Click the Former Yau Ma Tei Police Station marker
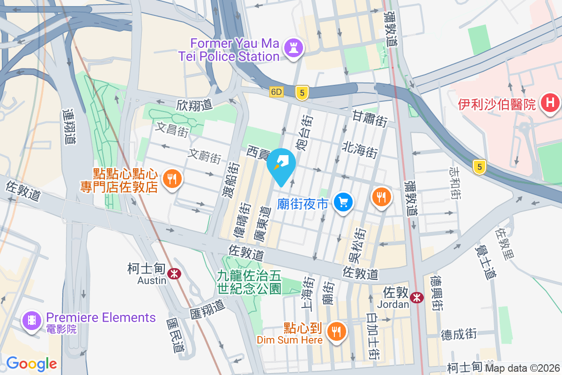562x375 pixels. [294, 47]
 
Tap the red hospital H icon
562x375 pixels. [550, 103]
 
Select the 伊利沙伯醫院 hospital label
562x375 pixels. [496, 104]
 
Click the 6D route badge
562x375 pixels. [276, 92]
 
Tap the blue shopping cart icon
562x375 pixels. [343, 202]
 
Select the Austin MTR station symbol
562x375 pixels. [174, 273]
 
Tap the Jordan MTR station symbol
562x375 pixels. [416, 297]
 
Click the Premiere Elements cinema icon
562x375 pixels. [31, 321]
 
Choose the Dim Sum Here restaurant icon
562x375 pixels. [336, 331]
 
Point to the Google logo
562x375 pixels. [31, 363]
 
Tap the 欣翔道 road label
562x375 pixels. [195, 105]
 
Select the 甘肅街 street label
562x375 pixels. [370, 118]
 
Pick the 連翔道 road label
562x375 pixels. [69, 127]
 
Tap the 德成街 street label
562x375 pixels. [458, 334]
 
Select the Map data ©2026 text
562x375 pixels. [523, 368]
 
